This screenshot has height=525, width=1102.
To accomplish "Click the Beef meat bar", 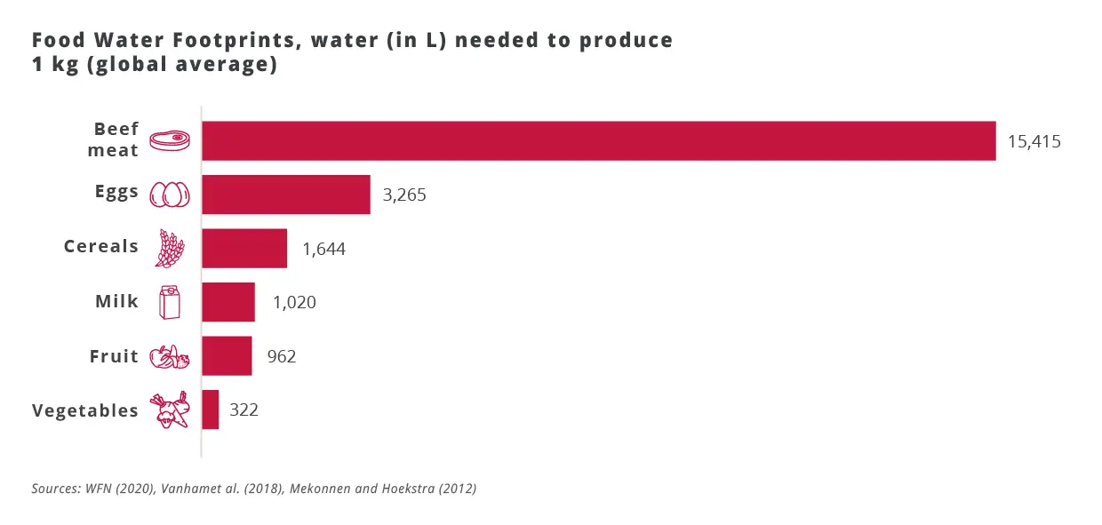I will click(x=598, y=140).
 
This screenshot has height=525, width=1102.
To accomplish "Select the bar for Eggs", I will click(x=285, y=195).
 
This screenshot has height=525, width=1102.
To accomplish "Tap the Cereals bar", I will click(x=244, y=248).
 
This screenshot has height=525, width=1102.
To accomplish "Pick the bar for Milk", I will click(x=228, y=302).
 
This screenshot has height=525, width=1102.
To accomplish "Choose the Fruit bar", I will click(x=227, y=356).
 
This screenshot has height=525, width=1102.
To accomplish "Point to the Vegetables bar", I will click(x=210, y=410).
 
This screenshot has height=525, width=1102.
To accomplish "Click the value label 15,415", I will click(x=1034, y=141).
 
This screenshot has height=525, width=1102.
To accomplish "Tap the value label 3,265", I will click(x=404, y=195).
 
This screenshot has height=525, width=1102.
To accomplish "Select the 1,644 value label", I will click(x=323, y=249).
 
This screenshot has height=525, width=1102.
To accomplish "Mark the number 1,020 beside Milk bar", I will click(x=294, y=302).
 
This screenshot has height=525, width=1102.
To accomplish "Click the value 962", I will click(x=281, y=356).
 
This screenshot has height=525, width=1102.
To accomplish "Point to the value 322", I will click(x=244, y=410).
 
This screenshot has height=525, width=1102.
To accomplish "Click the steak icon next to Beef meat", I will click(x=170, y=140).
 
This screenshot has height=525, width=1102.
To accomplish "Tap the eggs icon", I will click(x=170, y=195).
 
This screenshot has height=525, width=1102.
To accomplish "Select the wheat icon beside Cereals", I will click(x=169, y=249).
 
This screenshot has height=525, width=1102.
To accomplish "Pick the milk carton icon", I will click(x=169, y=303).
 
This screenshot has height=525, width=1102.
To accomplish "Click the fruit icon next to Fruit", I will click(x=169, y=357).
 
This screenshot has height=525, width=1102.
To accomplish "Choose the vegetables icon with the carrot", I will click(x=170, y=410).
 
